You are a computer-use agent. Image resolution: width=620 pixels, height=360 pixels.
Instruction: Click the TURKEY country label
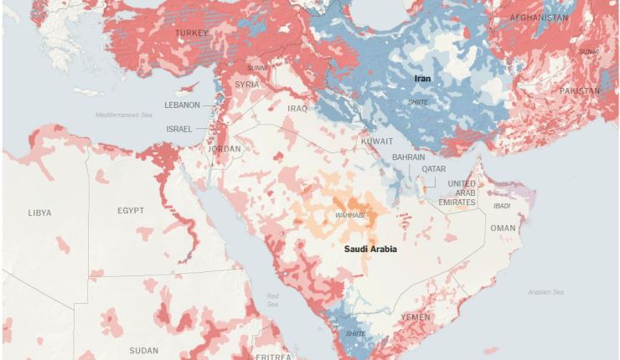[191, 33]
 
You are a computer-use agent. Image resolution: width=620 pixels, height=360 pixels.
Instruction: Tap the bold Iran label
[423, 78]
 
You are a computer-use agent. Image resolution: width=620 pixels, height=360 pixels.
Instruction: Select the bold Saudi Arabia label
[369, 249]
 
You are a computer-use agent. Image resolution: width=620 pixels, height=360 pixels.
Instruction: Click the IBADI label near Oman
[501, 205]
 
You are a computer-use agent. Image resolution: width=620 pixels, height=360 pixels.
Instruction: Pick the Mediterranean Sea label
[124, 115]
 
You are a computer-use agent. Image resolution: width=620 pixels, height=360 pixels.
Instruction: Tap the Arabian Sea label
[545, 291]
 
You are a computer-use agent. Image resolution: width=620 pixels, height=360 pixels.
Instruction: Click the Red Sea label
[273, 300]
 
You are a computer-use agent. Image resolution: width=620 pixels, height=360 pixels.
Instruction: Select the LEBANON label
[182, 105]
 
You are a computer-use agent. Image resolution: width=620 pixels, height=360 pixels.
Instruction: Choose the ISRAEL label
[179, 129]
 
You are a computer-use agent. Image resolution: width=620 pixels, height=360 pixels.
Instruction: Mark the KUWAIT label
[376, 141]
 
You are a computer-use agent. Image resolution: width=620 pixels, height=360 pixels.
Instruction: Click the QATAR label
[434, 168]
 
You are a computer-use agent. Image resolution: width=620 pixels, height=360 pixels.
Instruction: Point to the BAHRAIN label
[408, 157]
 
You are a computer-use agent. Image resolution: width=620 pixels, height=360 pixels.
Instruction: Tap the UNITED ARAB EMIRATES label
[462, 193]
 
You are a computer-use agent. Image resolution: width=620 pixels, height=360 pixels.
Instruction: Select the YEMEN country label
[416, 317]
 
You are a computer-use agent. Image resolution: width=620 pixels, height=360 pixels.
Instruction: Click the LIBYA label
[39, 213]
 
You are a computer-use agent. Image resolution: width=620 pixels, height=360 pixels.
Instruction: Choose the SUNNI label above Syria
[256, 67]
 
